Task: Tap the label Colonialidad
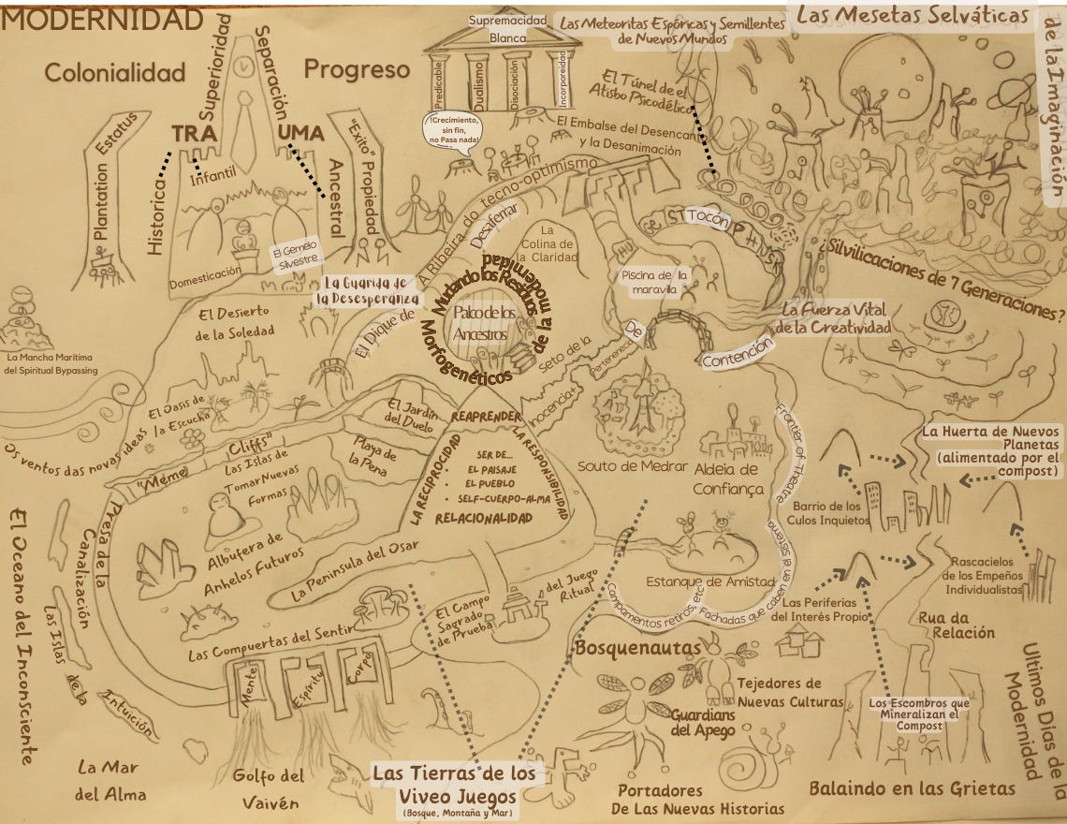coord(115,72)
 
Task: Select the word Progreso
coord(357,69)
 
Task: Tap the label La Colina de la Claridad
coord(549,243)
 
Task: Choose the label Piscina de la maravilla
coord(654,282)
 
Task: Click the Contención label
coord(738,350)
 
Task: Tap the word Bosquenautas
coord(637,647)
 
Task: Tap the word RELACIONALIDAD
coord(486,517)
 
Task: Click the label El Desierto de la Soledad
coord(235,321)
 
